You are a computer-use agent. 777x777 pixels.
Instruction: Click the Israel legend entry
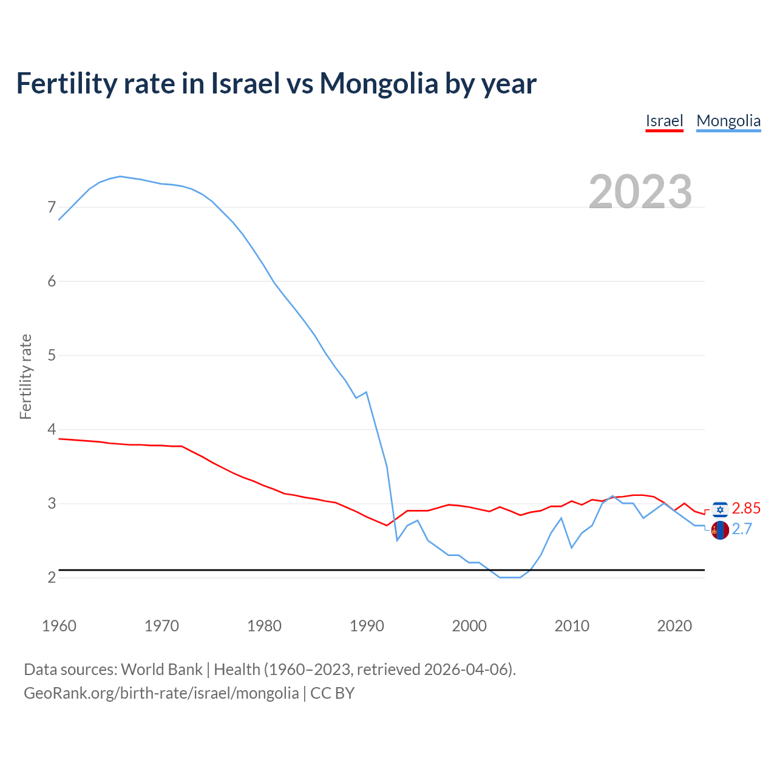664,121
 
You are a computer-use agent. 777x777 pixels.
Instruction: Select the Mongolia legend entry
728,121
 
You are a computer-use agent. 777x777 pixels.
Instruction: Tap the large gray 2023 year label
640,192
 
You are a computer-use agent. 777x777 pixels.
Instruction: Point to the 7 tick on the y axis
52,208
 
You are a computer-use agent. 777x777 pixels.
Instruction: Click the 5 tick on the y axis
52,355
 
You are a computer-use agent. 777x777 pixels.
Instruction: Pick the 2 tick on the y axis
52,577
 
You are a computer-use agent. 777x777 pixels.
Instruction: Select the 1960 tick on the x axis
59,626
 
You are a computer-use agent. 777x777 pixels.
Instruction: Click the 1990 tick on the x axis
367,626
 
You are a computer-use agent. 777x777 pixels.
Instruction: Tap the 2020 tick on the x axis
674,626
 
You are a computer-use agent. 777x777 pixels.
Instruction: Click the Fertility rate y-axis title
25,376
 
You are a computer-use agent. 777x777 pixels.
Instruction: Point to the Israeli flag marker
720,509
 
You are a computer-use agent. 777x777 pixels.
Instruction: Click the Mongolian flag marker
720,530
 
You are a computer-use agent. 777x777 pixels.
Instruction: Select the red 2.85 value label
746,509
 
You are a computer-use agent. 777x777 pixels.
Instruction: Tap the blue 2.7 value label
742,529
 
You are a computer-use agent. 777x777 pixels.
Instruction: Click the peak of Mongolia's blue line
120,176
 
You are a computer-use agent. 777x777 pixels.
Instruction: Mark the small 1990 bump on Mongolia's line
366,392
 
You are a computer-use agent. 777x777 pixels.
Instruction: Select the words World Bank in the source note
161,670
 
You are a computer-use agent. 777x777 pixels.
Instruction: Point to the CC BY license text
332,693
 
